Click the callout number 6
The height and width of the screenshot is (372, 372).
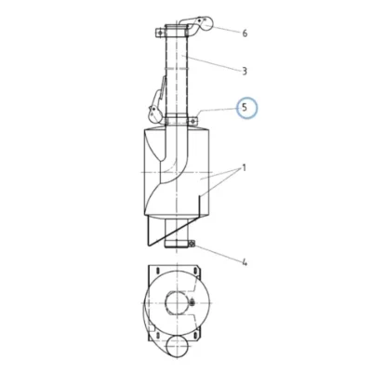click(x=245, y=33)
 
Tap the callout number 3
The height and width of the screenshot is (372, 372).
click(x=245, y=71)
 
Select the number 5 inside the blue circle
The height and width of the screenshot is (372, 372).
click(x=245, y=108)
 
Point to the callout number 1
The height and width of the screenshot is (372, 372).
click(x=245, y=168)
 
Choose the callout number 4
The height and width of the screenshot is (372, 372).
click(x=245, y=263)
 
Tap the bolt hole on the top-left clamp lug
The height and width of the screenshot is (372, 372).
click(x=160, y=33)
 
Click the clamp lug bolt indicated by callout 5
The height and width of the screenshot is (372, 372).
click(x=193, y=121)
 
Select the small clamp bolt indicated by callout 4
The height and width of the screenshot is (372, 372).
click(x=191, y=245)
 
